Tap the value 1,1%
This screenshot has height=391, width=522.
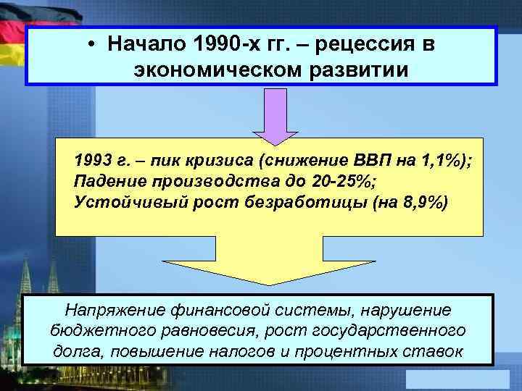pyautogui.click(x=442, y=161)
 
